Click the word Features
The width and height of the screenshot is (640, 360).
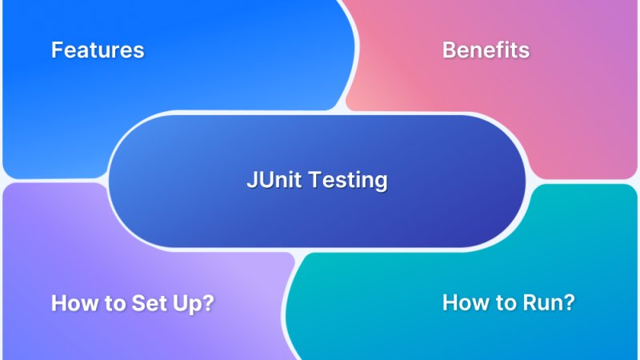click(x=98, y=50)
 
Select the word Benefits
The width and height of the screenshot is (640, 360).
click(x=486, y=50)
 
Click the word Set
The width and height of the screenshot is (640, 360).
click(x=150, y=304)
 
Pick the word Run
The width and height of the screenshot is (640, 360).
click(x=546, y=304)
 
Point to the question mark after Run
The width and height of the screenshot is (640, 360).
click(x=569, y=304)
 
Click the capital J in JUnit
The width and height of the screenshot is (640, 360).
click(x=250, y=181)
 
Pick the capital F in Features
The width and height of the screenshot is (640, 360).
click(x=57, y=50)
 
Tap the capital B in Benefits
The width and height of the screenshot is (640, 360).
click(x=449, y=50)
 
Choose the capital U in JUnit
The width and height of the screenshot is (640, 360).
click(x=262, y=181)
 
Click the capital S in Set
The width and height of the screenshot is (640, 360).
click(x=138, y=304)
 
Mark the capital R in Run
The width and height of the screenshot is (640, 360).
click(x=530, y=304)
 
